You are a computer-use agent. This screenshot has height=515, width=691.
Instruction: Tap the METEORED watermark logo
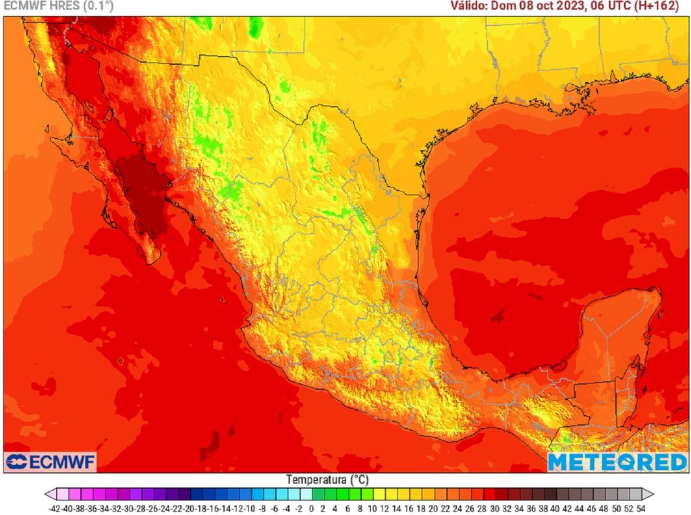617,462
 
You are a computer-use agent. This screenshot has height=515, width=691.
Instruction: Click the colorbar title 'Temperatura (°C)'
327,480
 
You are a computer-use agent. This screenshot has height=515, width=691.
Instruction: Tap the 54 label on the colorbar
642,508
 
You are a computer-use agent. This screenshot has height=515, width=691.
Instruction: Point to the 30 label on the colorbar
496,508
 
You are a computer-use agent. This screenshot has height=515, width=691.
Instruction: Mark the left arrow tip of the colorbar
46,494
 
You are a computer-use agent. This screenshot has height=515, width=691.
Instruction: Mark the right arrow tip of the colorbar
653,494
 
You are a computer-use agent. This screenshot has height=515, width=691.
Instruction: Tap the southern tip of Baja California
154,260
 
